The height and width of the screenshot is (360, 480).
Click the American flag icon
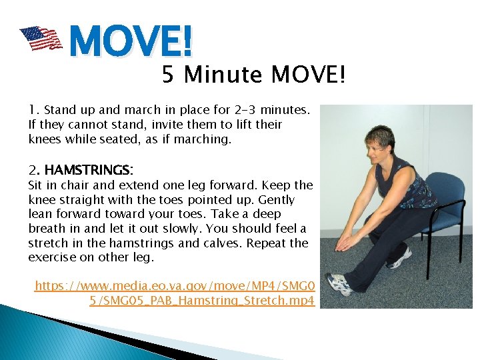41,39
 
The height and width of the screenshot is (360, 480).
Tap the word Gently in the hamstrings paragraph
277,199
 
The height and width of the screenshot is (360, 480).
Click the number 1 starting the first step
32,109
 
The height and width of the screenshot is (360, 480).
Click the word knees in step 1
44,139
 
